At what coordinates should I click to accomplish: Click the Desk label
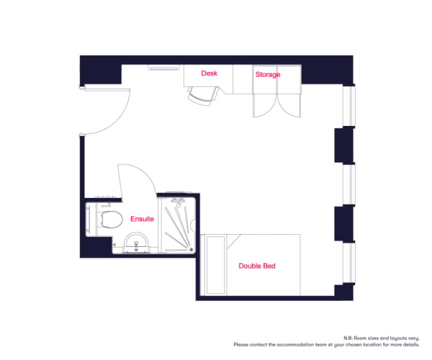(209, 73)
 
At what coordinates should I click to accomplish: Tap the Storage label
(268, 75)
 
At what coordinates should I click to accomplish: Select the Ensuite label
(142, 219)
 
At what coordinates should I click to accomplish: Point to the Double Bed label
(257, 266)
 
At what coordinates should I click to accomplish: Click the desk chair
(203, 95)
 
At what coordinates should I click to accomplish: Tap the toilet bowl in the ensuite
(112, 220)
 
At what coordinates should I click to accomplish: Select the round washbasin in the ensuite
(136, 243)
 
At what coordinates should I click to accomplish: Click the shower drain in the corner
(192, 250)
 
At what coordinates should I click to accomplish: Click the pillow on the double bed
(216, 265)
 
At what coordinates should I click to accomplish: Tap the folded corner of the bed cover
(233, 241)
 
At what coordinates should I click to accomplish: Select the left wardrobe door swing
(264, 106)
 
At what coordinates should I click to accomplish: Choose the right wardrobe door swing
(289, 106)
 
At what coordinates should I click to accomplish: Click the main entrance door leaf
(107, 89)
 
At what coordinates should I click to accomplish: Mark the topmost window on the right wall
(348, 106)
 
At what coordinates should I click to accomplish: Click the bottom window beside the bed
(348, 263)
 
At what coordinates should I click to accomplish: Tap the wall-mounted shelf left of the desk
(163, 68)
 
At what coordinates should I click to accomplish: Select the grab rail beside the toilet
(88, 220)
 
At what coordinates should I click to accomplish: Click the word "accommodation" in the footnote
(295, 345)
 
